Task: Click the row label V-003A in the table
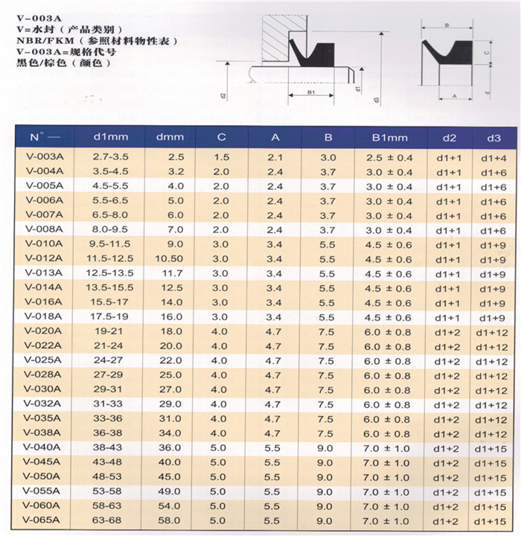click(x=45, y=157)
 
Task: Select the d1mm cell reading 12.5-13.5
click(x=111, y=273)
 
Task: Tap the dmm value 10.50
click(x=170, y=258)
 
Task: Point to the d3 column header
click(x=493, y=138)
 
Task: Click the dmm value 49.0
click(x=170, y=491)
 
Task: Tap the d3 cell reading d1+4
click(x=493, y=157)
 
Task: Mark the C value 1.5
click(x=221, y=157)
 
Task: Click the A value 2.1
click(x=275, y=157)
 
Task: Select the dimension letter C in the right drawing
click(x=486, y=53)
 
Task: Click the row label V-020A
click(x=45, y=331)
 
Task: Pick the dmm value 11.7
click(x=170, y=273)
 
